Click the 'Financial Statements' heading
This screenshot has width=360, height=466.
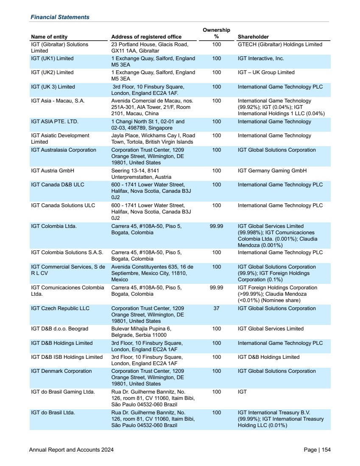tap(60, 17)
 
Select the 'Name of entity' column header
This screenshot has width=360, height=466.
tap(49, 37)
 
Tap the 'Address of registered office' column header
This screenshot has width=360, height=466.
tap(146, 37)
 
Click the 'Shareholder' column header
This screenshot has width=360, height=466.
tap(253, 37)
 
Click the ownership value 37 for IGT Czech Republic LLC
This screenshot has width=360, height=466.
tap(216, 308)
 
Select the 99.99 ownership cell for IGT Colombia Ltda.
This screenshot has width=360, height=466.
tap(216, 226)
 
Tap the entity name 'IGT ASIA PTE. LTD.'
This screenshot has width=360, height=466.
tap(55, 122)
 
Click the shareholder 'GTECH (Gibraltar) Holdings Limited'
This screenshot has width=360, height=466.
tap(280, 44)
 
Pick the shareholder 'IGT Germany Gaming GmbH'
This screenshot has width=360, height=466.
tap(272, 171)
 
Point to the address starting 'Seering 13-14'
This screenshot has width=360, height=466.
tap(141, 174)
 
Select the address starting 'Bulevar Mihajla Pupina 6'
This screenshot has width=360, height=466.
tap(141, 332)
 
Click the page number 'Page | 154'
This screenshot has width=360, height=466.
tap(317, 450)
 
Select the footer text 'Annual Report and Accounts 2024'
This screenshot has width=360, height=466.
tap(71, 450)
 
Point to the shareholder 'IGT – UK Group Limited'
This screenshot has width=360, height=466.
tap(266, 72)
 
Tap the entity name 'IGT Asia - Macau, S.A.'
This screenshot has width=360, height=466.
tap(58, 101)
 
